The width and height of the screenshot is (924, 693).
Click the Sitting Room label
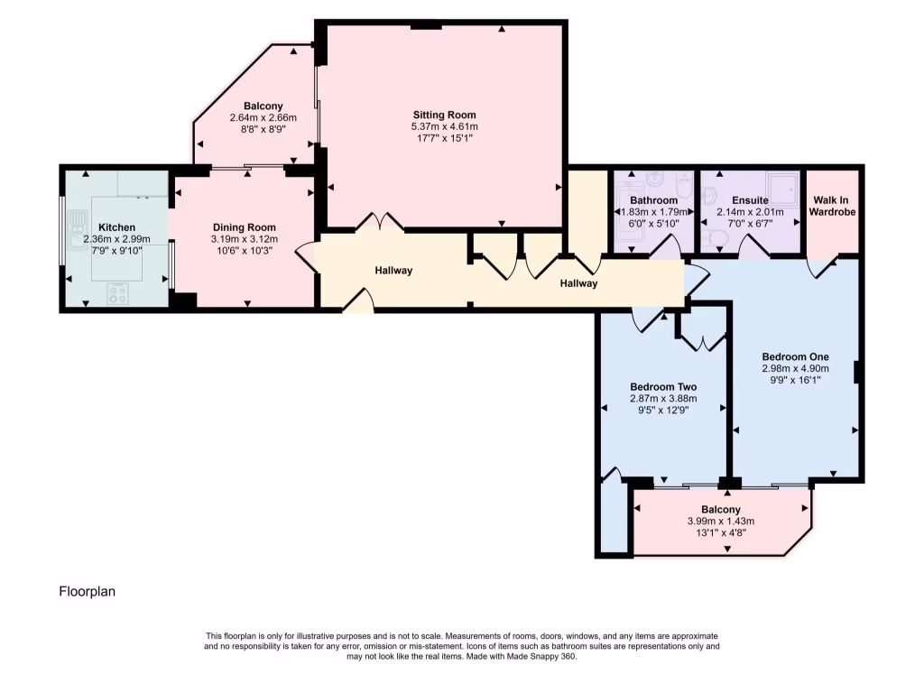click(x=444, y=115)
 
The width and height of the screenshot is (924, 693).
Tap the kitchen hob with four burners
click(x=118, y=292)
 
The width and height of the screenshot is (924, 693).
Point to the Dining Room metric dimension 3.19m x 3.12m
click(x=244, y=239)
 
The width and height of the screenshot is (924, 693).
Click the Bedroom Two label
click(x=663, y=386)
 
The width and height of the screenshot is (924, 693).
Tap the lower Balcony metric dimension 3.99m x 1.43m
click(x=720, y=521)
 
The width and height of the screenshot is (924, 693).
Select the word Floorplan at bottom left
click(x=88, y=592)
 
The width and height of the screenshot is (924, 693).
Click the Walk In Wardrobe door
click(x=824, y=265)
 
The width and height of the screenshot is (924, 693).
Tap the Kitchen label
click(x=116, y=227)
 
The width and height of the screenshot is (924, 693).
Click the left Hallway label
click(x=393, y=270)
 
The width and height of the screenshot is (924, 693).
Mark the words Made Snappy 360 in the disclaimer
click(x=541, y=656)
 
